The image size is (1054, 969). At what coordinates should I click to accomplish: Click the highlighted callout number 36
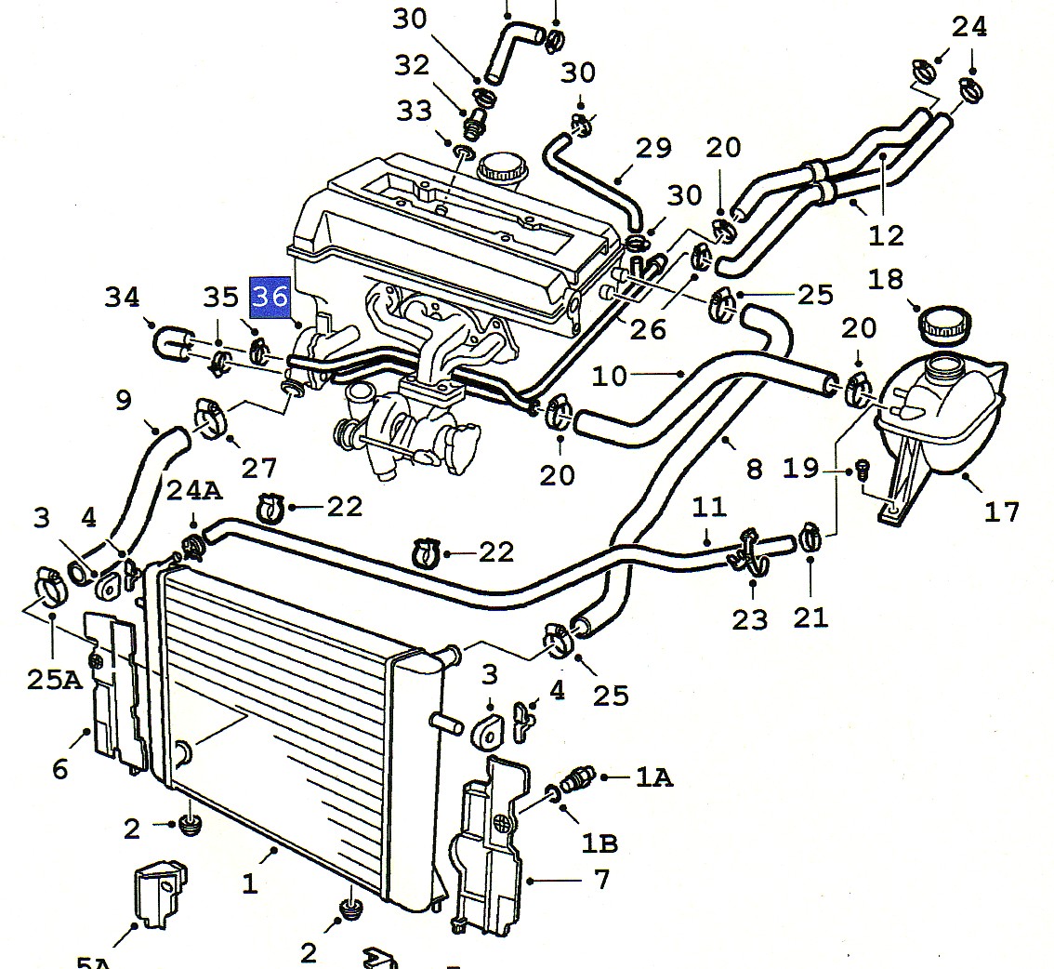click(270, 297)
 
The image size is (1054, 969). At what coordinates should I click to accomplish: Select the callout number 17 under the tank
click(1001, 511)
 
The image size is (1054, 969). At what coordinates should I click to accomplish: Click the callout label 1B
click(599, 843)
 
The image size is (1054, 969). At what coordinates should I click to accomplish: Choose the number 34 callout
click(122, 298)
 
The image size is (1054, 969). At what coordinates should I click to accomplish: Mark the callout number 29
click(652, 148)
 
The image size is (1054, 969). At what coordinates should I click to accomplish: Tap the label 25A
click(53, 680)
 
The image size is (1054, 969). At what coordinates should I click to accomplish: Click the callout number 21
click(810, 617)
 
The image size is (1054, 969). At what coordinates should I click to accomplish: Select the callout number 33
click(415, 112)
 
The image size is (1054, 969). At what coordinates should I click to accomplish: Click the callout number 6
click(60, 768)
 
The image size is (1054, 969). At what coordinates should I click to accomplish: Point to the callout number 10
click(611, 376)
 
